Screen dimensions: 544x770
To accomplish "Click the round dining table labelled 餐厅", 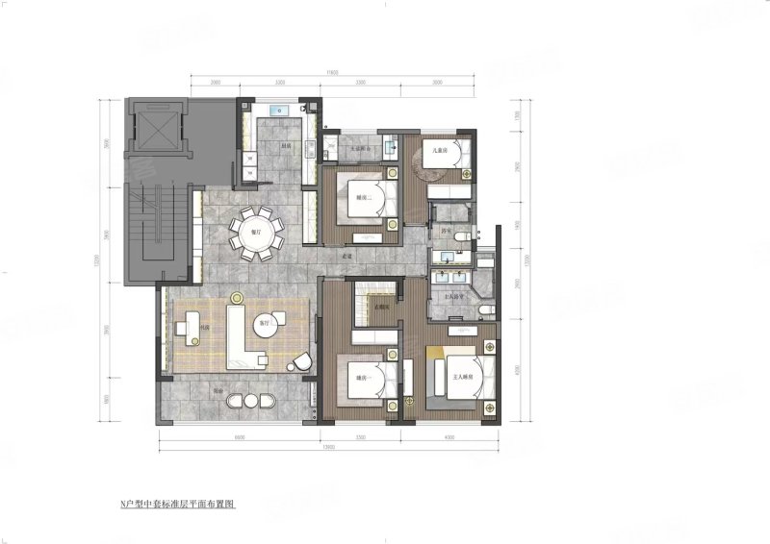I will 257,231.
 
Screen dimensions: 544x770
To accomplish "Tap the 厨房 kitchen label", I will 286,146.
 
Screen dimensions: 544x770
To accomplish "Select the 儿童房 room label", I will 442,149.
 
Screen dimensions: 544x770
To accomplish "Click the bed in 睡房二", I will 371,200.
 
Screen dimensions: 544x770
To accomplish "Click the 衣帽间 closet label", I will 381,308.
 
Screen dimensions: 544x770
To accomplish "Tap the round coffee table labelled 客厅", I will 264,326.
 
